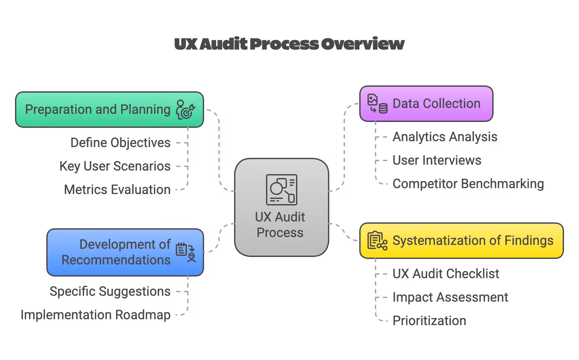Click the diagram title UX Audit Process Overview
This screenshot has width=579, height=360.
(289, 44)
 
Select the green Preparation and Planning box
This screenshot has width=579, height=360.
(98, 110)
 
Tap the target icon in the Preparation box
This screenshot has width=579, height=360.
(186, 110)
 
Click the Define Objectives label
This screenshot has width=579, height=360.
(120, 143)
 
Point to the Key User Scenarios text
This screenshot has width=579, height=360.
(115, 166)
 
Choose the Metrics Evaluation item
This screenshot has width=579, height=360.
(117, 190)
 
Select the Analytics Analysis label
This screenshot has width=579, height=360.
(445, 137)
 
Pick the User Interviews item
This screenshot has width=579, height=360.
(437, 160)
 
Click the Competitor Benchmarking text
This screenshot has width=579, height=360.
(468, 184)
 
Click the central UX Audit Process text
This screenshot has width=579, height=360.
(280, 225)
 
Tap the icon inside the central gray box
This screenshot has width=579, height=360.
(281, 190)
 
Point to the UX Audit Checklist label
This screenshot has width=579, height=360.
(446, 274)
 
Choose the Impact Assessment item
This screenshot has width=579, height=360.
(450, 297)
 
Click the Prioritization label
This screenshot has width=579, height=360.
(429, 321)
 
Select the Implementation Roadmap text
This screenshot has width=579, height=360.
(96, 315)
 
